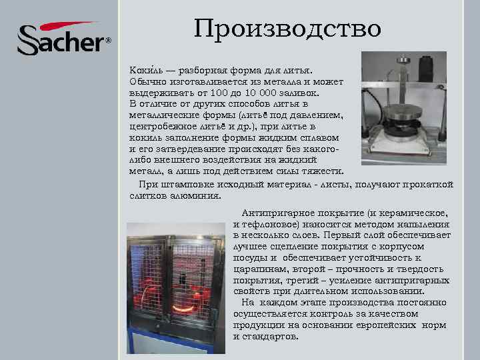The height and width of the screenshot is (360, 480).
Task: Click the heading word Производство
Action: click(287, 28)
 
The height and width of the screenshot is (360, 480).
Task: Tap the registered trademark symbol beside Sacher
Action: click(109, 41)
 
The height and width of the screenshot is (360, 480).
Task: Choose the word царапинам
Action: click(259, 269)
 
